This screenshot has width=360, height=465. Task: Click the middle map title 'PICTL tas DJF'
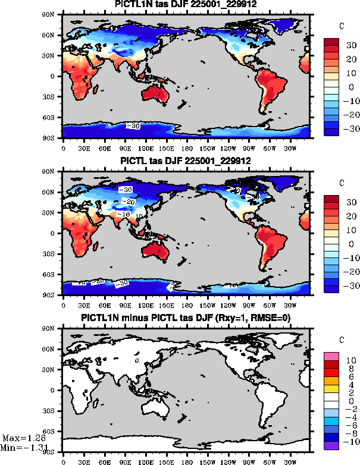[185, 162]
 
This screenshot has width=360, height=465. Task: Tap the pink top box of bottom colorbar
[331, 356]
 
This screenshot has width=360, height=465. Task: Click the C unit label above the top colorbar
[341, 26]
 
